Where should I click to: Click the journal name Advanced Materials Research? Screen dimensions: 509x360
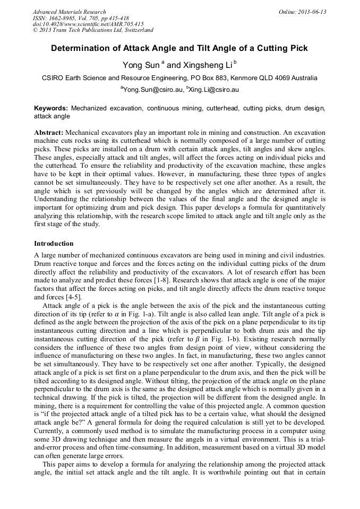(69, 12)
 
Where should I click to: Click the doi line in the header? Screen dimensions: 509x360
(88, 24)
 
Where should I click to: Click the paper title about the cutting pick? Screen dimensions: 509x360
(179, 48)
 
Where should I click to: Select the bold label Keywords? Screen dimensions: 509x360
(51, 108)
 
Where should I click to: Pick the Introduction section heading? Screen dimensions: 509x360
(54, 244)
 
